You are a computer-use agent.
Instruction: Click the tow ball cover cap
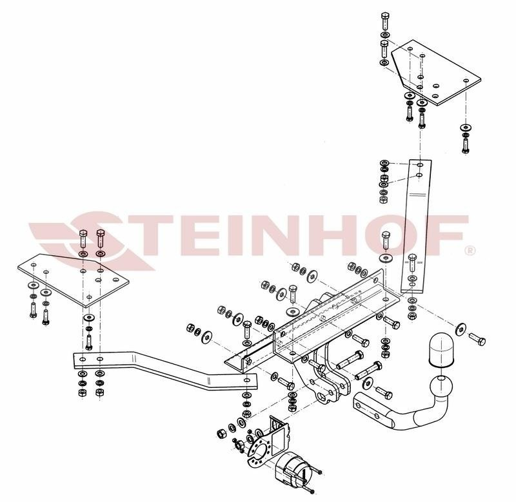click(441, 350)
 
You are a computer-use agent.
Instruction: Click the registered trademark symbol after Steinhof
click(470, 251)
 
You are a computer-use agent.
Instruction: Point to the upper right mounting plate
click(436, 73)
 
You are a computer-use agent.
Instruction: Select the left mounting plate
click(73, 280)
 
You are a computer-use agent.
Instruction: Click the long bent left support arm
click(165, 371)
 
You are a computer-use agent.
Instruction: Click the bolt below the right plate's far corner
click(465, 145)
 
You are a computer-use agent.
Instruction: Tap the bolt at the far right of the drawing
click(477, 338)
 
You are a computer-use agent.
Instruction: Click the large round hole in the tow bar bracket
click(322, 398)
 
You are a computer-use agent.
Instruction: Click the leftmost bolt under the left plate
click(33, 310)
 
